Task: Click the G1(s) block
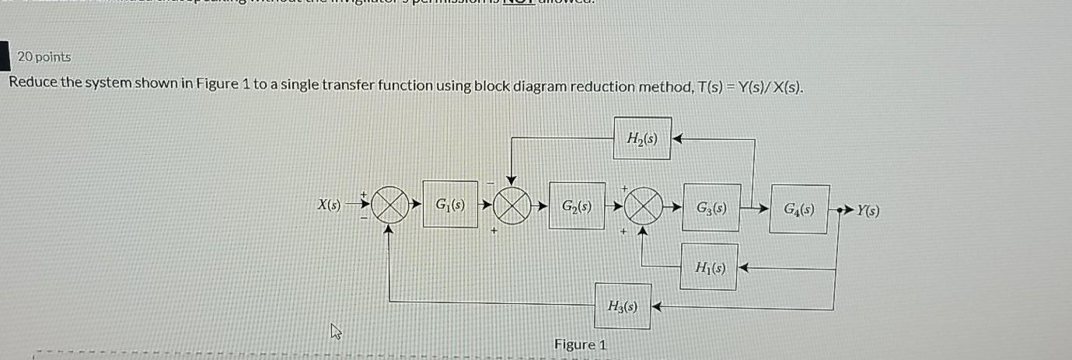click(x=450, y=206)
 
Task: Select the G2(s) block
click(x=577, y=206)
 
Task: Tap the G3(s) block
click(x=711, y=208)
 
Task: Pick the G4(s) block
click(x=800, y=208)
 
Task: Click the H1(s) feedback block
click(x=709, y=267)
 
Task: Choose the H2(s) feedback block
click(x=642, y=138)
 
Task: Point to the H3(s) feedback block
click(x=621, y=306)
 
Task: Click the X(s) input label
click(x=330, y=205)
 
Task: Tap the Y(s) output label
click(x=868, y=209)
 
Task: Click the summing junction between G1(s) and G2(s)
click(x=512, y=206)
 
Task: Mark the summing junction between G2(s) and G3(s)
click(x=641, y=207)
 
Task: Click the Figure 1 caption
click(x=580, y=344)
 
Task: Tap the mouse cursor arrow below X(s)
click(x=336, y=334)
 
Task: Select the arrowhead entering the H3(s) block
click(x=655, y=307)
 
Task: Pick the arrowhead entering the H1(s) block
click(x=743, y=268)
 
